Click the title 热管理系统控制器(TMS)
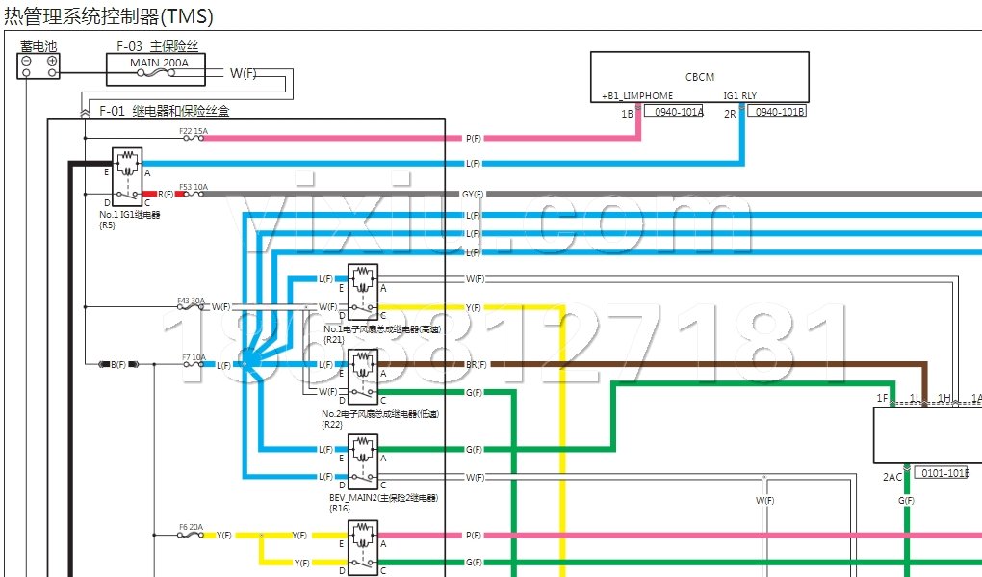coord(109,16)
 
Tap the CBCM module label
coord(700,77)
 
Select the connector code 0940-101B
coord(777,112)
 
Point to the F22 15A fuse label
coord(193,130)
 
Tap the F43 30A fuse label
coord(192,300)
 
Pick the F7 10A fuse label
coord(193,357)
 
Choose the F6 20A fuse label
coord(192,527)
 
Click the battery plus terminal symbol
coord(51,60)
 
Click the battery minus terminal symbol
coord(27,60)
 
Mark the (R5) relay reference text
coord(107,224)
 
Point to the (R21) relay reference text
coord(334,339)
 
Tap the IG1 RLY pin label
coord(740,96)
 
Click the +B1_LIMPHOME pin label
coord(636,96)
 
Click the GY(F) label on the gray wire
coord(473,194)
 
